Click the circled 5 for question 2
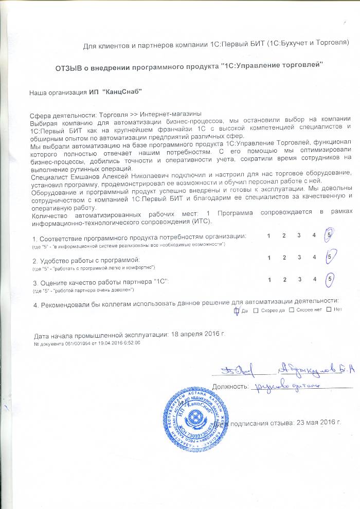[329, 257]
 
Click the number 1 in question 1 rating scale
[269, 235]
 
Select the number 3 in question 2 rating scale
[299, 257]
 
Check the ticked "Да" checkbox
[237, 310]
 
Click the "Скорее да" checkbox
[256, 310]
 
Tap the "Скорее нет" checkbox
[292, 310]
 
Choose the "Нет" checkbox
[329, 310]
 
